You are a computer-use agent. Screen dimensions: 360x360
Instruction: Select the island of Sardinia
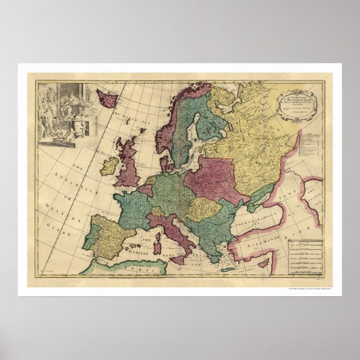click(159, 242)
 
